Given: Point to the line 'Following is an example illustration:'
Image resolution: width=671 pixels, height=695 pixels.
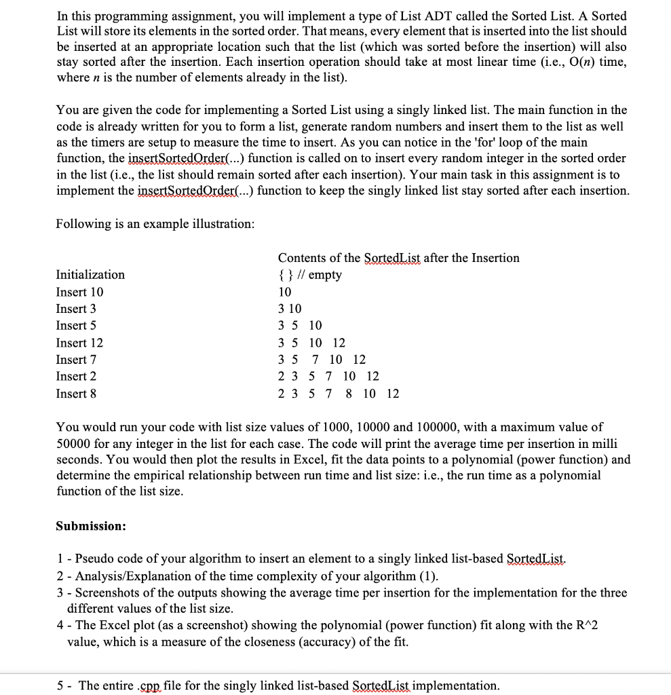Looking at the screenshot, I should [x=155, y=224].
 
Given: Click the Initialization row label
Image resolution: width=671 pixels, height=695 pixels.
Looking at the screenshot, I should [x=90, y=275].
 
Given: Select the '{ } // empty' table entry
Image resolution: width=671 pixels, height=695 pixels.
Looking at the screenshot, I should [x=310, y=275].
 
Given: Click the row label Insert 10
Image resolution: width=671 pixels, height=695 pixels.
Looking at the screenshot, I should [x=80, y=292].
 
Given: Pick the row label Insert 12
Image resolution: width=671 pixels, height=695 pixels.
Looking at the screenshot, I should [x=80, y=343].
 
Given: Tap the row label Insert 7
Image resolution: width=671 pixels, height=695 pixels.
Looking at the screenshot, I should [x=77, y=360].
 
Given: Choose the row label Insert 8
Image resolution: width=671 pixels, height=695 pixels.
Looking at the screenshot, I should [x=77, y=394].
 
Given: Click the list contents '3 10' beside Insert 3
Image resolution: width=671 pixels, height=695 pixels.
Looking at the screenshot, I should [x=290, y=309].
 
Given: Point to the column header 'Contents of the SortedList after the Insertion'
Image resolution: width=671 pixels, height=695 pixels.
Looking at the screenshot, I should [x=399, y=258].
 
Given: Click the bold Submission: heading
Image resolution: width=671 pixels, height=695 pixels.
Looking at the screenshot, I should [x=91, y=526].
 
